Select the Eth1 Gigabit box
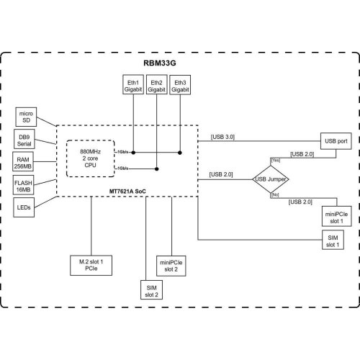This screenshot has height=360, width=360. tap(133, 86)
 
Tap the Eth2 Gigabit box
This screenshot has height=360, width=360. tap(157, 86)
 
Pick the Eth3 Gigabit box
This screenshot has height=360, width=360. tap(180, 86)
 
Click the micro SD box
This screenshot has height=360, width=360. tap(25, 116)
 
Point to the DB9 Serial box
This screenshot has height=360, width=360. tap(25, 138)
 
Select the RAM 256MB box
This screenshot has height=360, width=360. tap(25, 161)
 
